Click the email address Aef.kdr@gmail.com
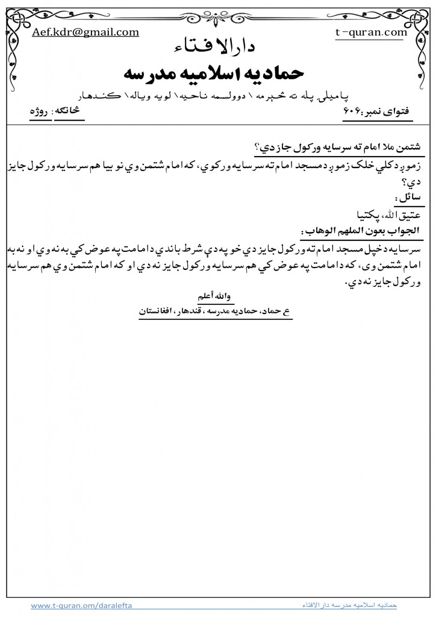pos(86,33)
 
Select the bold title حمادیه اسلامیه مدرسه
pos(217,74)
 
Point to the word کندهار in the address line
pos(120,96)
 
